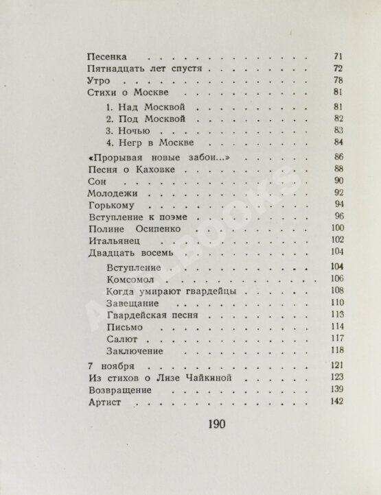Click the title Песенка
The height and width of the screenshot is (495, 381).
[110, 56]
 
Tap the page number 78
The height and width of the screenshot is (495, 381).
[337, 81]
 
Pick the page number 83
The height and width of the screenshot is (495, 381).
[337, 130]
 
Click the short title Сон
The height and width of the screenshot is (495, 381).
[97, 180]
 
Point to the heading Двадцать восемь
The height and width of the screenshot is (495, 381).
[130, 253]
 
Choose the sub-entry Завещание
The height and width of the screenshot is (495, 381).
[134, 303]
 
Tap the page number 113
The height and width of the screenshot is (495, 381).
[336, 315]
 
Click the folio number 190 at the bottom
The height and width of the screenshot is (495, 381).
[216, 422]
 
